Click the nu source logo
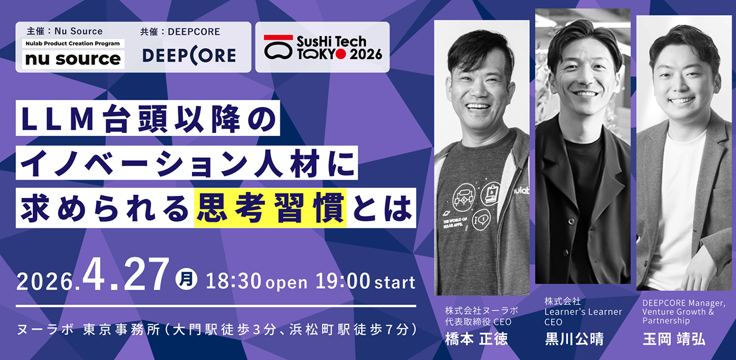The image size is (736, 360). point(73,59)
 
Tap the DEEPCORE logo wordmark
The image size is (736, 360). point(189,55)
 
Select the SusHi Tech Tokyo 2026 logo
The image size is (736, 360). point(323,48)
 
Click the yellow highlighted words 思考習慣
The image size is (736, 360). point(271,208)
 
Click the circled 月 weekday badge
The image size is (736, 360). point(186,279)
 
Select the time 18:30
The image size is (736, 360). point(233,281)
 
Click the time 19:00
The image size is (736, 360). point(343,281)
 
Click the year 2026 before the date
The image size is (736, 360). point(45,281)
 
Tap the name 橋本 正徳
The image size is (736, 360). point(477,339)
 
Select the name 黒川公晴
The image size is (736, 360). point(574,339)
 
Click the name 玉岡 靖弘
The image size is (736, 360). point(674,339)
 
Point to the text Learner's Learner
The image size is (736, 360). point(583,312)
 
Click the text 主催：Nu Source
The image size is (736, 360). point(65,31)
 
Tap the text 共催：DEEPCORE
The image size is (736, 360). point(180,32)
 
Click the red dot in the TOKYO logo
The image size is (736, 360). point(341,54)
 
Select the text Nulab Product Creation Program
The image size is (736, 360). point(72,44)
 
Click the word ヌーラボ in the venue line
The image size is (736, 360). point(45,329)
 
